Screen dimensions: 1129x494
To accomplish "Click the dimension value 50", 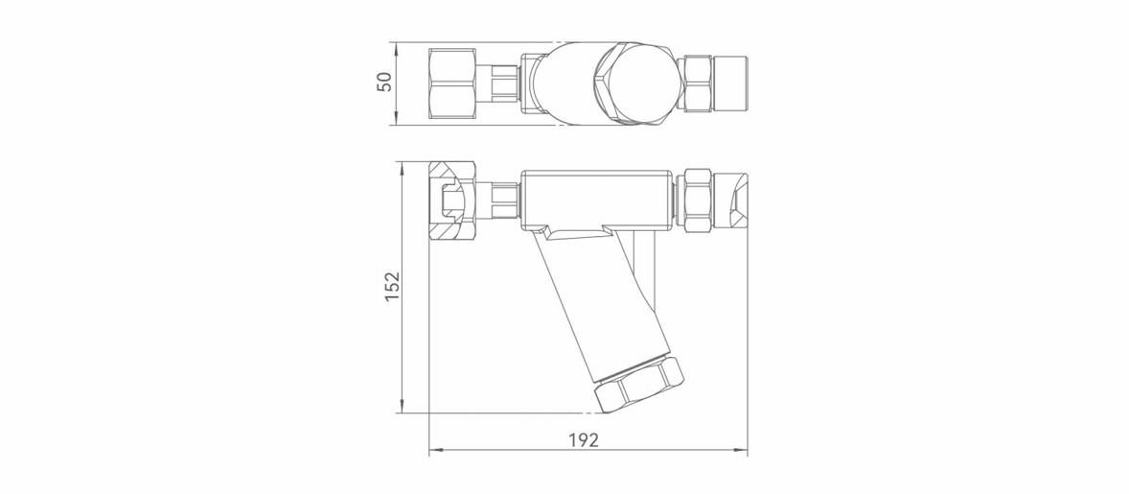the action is click(385, 82).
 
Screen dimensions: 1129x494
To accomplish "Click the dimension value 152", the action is click(392, 286).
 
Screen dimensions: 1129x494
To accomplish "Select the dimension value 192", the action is click(584, 440).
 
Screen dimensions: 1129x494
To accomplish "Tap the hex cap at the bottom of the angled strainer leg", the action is click(639, 384).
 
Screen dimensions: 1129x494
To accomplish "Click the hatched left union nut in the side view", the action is click(452, 200).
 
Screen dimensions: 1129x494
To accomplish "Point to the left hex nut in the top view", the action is click(452, 82).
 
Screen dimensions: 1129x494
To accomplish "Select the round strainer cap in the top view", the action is click(637, 83).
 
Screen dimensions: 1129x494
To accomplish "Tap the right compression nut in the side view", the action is click(697, 200).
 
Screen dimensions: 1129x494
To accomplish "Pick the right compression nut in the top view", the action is click(697, 83).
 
